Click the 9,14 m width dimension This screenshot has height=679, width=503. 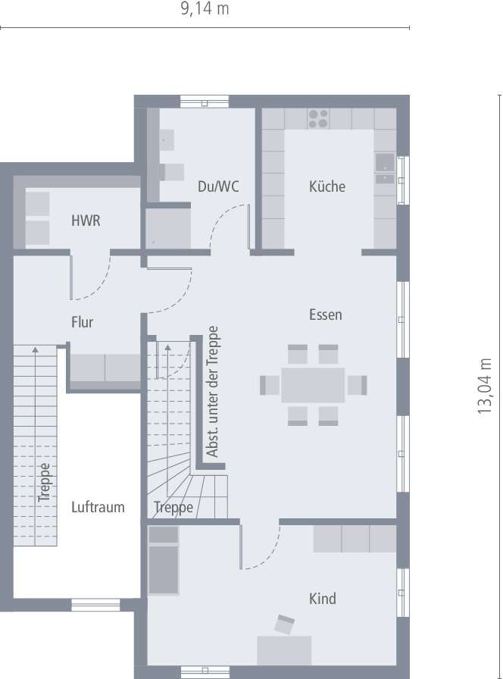[x=205, y=9]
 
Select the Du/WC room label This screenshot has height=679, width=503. [x=218, y=186]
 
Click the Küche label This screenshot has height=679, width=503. [x=327, y=186]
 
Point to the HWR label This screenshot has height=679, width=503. [x=86, y=221]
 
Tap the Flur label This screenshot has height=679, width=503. [x=82, y=322]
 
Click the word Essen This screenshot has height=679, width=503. [x=326, y=314]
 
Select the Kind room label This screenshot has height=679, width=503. [x=322, y=599]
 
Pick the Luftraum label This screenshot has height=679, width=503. [x=98, y=507]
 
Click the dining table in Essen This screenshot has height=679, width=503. [x=313, y=385]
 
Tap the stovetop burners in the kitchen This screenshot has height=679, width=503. [x=318, y=118]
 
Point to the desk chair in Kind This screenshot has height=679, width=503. [x=285, y=624]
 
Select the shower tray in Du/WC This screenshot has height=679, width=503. [x=168, y=227]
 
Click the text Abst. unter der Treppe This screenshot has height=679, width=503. [x=213, y=392]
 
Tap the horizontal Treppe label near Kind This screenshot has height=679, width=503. [x=173, y=507]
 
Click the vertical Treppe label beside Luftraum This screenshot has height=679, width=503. [x=45, y=483]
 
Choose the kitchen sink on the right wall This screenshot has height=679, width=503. [x=384, y=170]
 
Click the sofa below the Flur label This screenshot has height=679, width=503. [x=105, y=368]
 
